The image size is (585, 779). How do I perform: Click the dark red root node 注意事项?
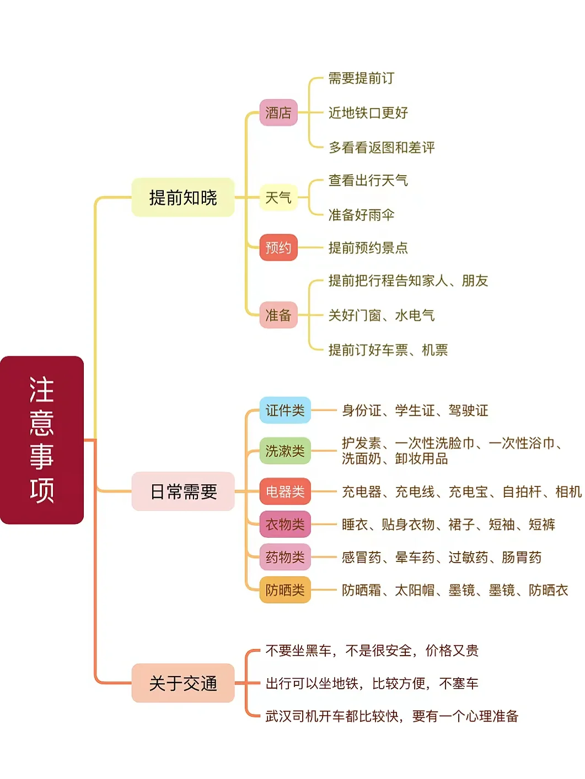(42, 440)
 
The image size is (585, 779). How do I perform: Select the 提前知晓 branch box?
(183, 197)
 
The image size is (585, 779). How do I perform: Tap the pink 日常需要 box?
(183, 491)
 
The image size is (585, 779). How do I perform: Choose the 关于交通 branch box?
(183, 683)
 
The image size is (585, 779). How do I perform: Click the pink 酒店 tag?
(278, 113)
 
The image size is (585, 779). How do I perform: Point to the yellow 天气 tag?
(278, 197)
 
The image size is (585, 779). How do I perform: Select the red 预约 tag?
(278, 247)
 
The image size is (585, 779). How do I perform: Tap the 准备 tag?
(278, 315)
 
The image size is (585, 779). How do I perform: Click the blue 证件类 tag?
(285, 410)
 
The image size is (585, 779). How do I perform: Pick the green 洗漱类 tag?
(285, 451)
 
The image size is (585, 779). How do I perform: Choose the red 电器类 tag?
(285, 491)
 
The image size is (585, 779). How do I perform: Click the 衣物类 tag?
(285, 524)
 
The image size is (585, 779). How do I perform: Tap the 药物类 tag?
(285, 557)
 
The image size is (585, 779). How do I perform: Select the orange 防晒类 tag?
(285, 590)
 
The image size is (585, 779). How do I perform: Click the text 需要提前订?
(361, 78)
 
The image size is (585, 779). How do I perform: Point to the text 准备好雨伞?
(361, 215)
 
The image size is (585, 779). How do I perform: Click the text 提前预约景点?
(368, 247)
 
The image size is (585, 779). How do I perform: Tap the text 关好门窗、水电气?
(382, 315)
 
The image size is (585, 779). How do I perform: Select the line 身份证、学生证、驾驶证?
(415, 410)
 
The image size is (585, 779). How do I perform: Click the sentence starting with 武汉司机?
(391, 716)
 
